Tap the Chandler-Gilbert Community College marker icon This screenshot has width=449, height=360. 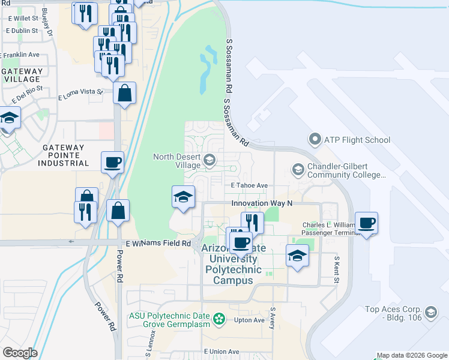click(x=297, y=170)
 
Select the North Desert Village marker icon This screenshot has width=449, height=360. click(x=209, y=159)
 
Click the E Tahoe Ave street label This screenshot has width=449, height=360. click(x=249, y=186)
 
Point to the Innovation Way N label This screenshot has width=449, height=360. click(x=262, y=203)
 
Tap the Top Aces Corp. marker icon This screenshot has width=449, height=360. click(x=430, y=312)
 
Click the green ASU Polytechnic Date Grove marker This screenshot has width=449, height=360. click(x=219, y=318)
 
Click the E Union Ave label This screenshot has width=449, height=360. click(x=221, y=352)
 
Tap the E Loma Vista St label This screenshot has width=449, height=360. click(x=80, y=95)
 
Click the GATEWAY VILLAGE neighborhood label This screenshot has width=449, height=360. click(x=23, y=75)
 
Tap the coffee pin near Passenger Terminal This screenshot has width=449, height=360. click(x=366, y=223)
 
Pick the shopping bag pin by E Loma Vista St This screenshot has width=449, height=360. click(x=124, y=93)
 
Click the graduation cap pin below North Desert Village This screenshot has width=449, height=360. click(x=183, y=197)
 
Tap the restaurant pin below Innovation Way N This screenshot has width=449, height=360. click(x=252, y=223)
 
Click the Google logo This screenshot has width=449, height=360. click(x=20, y=353)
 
